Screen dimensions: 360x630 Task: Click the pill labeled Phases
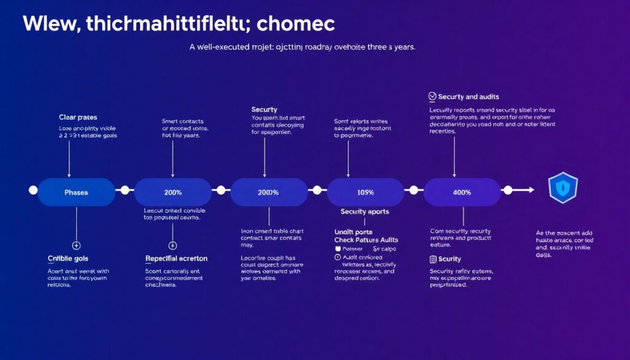76,192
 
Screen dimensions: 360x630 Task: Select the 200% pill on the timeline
173,192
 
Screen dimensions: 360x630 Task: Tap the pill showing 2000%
269,192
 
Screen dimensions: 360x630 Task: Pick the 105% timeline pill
365,192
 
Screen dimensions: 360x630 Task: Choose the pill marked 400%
462,192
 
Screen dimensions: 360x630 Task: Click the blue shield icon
562,188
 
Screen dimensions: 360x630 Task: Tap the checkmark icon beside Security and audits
433,97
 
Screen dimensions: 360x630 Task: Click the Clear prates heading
78,117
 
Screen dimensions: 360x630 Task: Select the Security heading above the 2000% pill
265,109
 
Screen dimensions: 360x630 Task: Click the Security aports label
364,211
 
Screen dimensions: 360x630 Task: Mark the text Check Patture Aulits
366,239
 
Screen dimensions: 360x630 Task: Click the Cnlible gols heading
68,258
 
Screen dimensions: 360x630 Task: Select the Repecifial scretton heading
176,258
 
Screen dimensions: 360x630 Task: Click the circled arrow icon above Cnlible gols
76,245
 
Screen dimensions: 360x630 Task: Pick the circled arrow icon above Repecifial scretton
173,245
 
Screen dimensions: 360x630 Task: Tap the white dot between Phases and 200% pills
125,190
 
